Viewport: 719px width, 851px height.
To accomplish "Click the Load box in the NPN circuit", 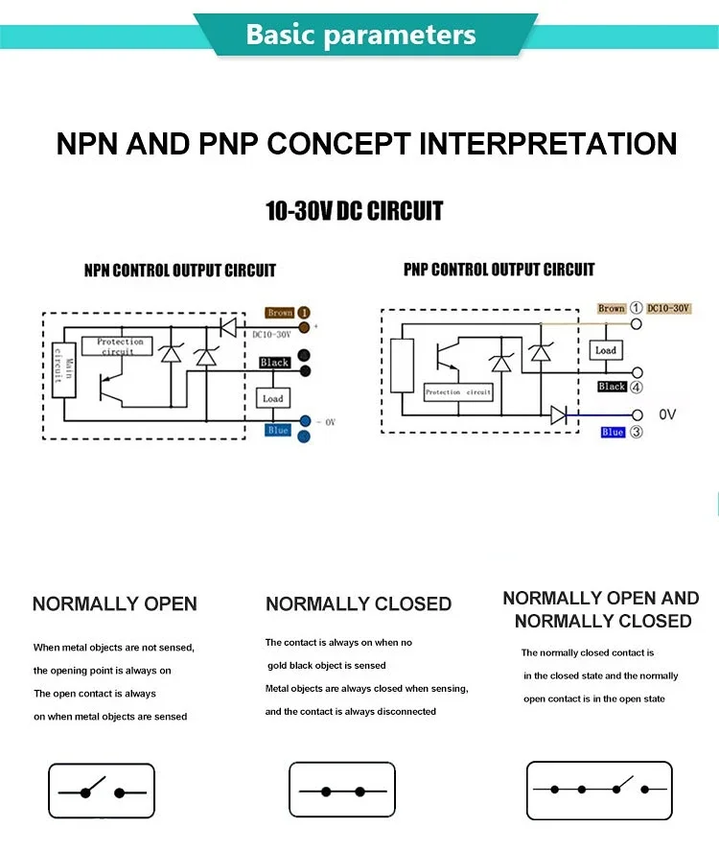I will pos(273,398).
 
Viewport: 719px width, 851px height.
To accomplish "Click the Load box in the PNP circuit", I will pos(606,351).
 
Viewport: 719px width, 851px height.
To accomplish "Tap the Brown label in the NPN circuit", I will pos(280,313).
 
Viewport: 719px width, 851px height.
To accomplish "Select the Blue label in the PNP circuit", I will pos(613,433).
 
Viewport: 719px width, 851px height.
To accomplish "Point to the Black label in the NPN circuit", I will pos(274,363).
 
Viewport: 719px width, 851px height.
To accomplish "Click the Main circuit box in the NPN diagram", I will pos(63,370).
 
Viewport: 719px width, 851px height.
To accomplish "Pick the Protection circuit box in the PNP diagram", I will pos(458,391).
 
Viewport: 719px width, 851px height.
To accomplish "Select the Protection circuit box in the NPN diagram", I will pos(120,345).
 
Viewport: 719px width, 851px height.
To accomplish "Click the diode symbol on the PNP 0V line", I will pos(559,414).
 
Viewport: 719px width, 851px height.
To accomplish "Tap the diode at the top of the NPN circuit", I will pos(228,327).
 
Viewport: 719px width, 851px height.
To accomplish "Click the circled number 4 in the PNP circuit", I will pos(636,387).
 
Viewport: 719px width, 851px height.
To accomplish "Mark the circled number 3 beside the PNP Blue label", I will pos(635,433).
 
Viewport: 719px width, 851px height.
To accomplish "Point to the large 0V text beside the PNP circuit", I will pos(668,414).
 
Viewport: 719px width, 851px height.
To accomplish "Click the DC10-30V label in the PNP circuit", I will pos(668,309).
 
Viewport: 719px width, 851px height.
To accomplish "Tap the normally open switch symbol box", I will pos(102,791).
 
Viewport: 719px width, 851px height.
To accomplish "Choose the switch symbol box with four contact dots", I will pos(599,791).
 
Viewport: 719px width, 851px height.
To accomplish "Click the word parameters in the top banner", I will pos(400,35).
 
